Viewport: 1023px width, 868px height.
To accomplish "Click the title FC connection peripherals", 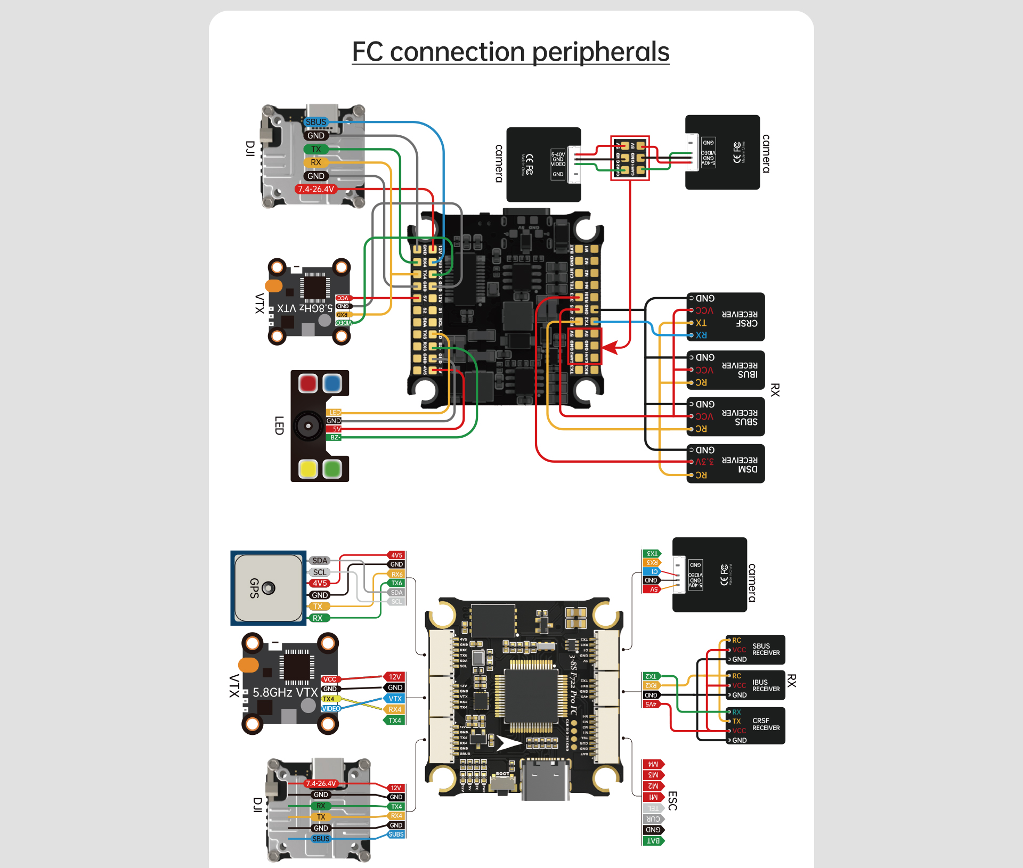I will coord(510,52).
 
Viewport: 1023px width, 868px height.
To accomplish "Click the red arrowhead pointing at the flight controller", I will coord(609,348).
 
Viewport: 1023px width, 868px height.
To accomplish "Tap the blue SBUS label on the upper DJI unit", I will coord(315,122).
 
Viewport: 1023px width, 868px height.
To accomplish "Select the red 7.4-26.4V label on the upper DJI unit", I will coord(316,189).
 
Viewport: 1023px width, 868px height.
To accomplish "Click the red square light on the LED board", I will coord(307,383).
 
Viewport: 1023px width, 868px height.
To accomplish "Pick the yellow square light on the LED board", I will coord(308,469).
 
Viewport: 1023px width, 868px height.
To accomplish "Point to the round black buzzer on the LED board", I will coord(307,426).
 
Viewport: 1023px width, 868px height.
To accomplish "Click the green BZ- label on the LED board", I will coord(335,437).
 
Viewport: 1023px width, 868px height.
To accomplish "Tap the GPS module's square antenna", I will coord(269,588).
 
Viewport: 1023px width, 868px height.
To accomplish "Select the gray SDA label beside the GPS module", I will coord(320,561).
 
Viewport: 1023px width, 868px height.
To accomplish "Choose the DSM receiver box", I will coord(726,463).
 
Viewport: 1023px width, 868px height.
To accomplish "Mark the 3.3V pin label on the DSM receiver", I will coord(704,462).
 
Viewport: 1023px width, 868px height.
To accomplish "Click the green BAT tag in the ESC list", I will coord(653,841).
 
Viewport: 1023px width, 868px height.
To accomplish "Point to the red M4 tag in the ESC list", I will coord(653,764).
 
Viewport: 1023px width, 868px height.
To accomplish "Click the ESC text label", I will coord(672,801).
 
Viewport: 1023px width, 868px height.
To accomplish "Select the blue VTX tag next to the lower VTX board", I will coord(395,699).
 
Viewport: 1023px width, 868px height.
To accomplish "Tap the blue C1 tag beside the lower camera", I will coord(653,571).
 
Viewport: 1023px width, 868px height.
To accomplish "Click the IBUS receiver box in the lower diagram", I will coord(755,685).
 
